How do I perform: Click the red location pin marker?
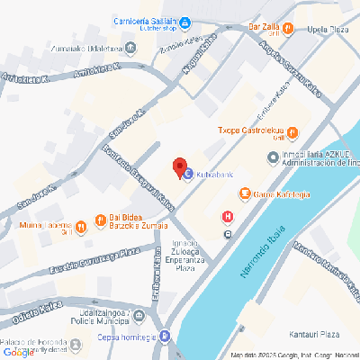[180, 167]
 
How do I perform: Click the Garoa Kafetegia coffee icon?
[243, 193]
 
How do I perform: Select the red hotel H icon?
[228, 216]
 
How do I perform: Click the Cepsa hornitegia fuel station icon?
[166, 337]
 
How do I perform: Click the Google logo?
[18, 352]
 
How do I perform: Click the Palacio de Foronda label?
[34, 343]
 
